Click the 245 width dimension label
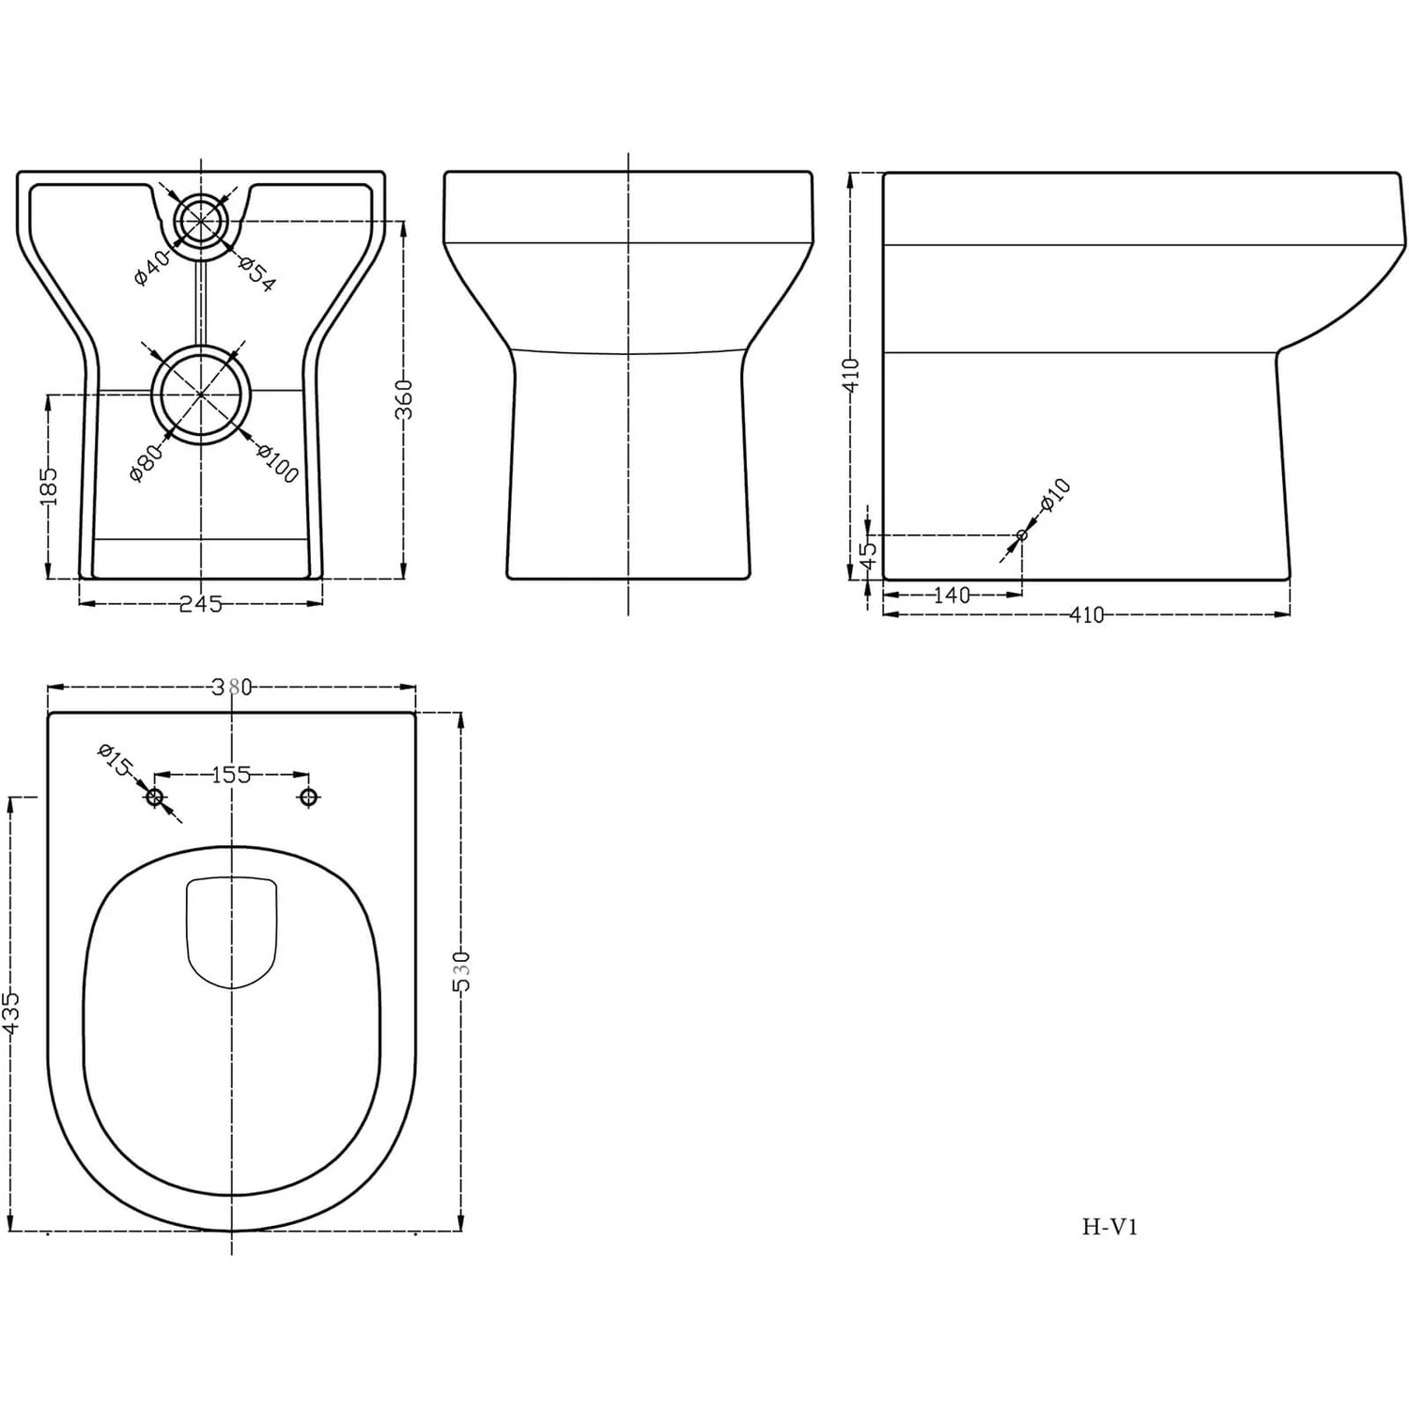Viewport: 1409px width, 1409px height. (x=200, y=604)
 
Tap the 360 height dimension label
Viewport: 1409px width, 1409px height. (x=404, y=398)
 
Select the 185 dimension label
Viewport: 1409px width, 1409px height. (x=49, y=487)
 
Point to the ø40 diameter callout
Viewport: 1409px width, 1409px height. (x=152, y=267)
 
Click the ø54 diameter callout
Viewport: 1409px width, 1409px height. (x=257, y=273)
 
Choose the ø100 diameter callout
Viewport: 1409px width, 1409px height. (x=278, y=464)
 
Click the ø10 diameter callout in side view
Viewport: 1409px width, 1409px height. (x=1056, y=494)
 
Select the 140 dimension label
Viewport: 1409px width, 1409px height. (x=952, y=595)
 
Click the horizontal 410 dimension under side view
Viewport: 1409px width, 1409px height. (x=1087, y=615)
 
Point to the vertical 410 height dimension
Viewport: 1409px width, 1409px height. (x=851, y=375)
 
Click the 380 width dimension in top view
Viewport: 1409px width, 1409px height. (x=231, y=688)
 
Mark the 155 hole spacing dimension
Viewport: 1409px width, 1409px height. (x=231, y=775)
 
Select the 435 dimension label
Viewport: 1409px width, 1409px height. (x=10, y=1012)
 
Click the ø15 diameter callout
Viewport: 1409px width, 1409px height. (x=115, y=759)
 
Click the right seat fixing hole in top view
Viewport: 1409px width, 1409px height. (x=308, y=797)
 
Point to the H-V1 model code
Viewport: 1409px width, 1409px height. (x=1109, y=1227)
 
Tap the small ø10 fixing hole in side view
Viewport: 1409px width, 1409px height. (x=1022, y=535)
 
